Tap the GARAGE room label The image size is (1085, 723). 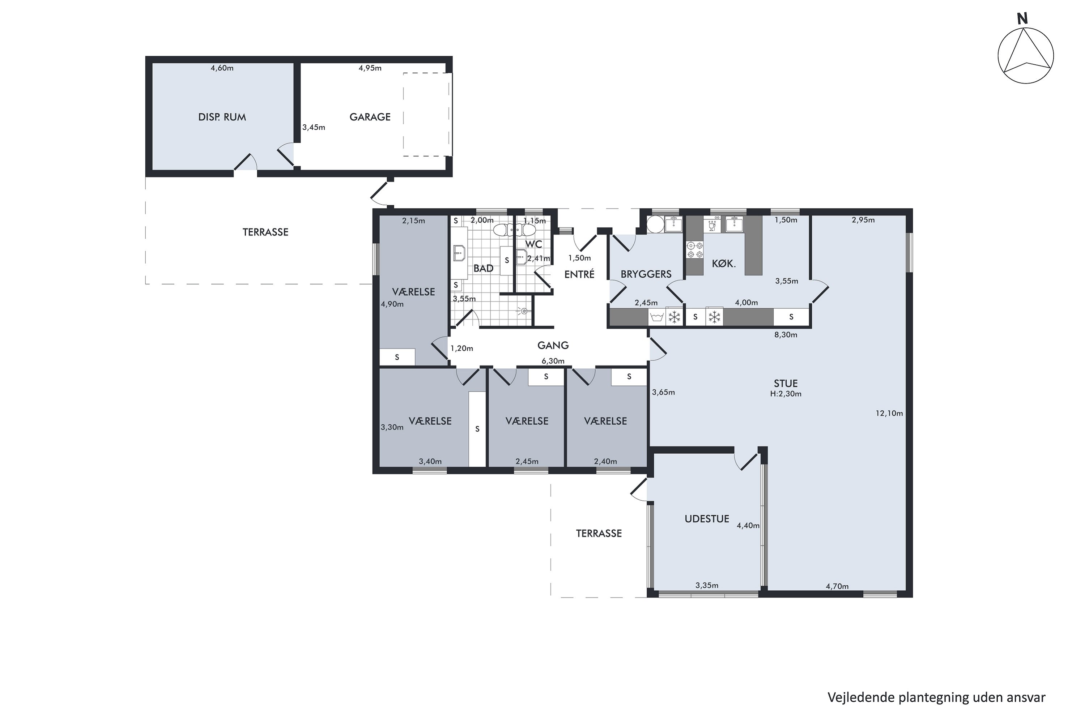tap(370, 117)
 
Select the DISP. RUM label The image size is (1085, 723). tap(222, 117)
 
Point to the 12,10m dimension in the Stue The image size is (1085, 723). tap(889, 413)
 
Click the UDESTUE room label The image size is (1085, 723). tap(707, 519)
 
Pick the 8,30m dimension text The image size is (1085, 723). tap(786, 335)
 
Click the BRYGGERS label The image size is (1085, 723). tap(646, 274)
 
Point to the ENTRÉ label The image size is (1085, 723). tap(579, 274)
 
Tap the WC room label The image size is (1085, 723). tap(534, 244)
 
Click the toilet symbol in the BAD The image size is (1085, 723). tap(503, 229)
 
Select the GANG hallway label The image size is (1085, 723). tap(553, 345)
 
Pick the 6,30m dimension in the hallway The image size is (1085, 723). tap(553, 361)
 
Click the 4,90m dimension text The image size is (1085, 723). tap(392, 304)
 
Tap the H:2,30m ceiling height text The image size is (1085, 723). tap(786, 394)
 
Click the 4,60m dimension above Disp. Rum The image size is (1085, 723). tap(222, 68)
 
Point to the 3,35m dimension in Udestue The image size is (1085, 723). tap(707, 586)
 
